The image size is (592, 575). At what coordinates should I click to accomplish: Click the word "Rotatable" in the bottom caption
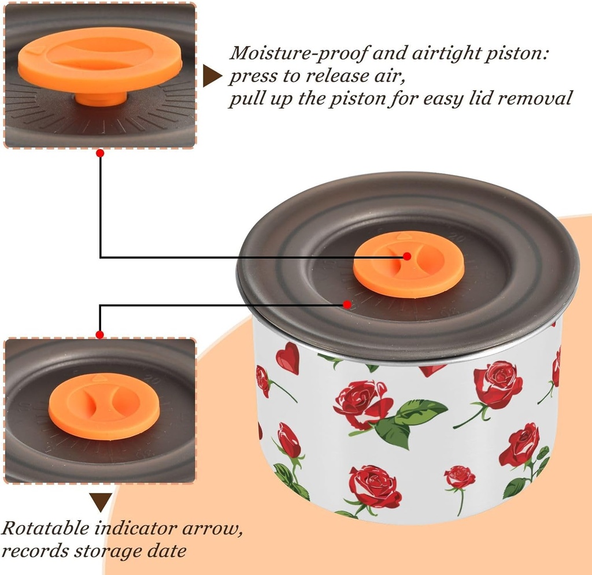coord(45,528)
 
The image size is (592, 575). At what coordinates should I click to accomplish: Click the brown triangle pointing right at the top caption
coord(213,76)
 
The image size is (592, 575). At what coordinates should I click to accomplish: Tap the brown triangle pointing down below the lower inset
coord(101,502)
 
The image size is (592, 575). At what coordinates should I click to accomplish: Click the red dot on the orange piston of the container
coord(407,256)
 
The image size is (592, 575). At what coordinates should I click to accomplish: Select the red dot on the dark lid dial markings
coord(347,304)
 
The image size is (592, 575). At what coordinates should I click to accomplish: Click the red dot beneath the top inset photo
coord(100,153)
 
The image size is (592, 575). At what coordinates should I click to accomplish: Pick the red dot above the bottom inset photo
coord(99,335)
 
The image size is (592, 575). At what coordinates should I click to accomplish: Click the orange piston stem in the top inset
coord(100,99)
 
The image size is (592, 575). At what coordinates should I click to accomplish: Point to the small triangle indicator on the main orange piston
coord(403,236)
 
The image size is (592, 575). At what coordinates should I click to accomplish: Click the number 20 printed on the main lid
coord(458,238)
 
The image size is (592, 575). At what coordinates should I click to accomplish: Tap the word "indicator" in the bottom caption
coord(135,528)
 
